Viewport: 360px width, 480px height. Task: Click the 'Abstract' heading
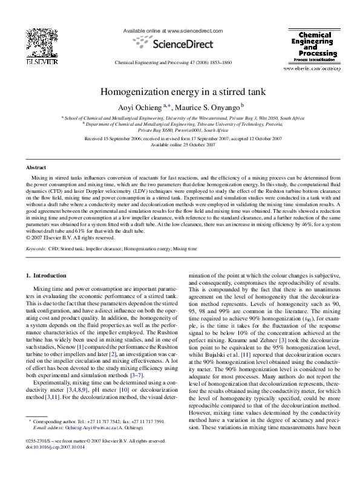[36, 167]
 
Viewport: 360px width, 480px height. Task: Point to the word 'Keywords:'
[36, 247]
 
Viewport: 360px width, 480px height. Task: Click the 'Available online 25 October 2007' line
[180, 145]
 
